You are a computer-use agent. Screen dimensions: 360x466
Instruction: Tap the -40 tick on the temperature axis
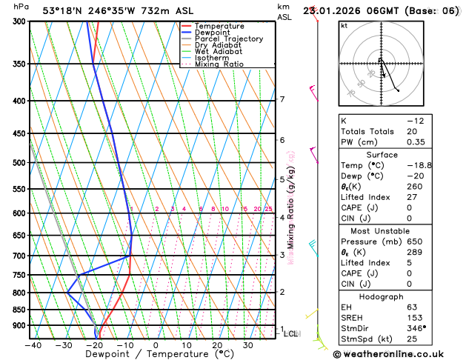[33, 345]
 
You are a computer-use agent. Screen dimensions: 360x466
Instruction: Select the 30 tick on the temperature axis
[248, 345]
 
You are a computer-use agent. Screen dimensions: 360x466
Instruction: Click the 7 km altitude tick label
[282, 99]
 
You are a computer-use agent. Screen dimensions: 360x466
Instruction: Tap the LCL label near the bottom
[291, 334]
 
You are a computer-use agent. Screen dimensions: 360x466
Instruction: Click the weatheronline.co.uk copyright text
[398, 353]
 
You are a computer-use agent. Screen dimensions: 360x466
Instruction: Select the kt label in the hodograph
[344, 25]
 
